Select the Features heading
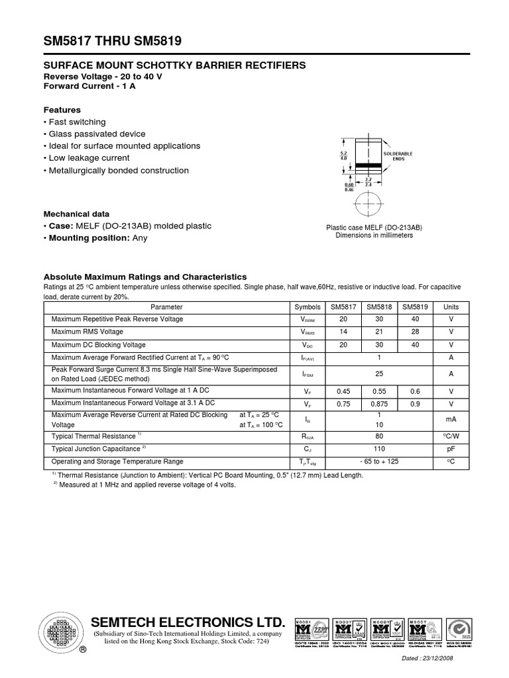62,110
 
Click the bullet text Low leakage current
89,158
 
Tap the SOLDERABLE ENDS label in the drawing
398,156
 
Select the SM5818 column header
379,307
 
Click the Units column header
451,307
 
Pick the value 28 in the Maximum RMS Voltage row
415,332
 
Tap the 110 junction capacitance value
379,449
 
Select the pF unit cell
451,449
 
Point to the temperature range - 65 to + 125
379,461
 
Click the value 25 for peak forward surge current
379,374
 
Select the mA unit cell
451,419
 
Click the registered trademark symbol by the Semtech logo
83,650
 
